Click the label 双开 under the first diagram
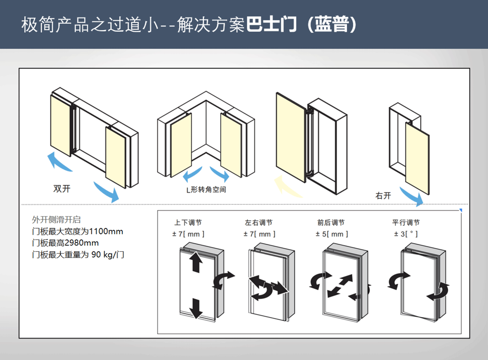coord(62,189)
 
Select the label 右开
coord(383,196)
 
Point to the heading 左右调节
coord(259,223)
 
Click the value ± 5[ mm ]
coord(332,234)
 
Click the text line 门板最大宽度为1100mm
coord(78,231)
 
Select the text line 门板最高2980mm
coord(65,242)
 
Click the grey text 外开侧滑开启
coord(54,220)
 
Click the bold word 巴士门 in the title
coord(272,25)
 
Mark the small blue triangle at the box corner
coord(461,211)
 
